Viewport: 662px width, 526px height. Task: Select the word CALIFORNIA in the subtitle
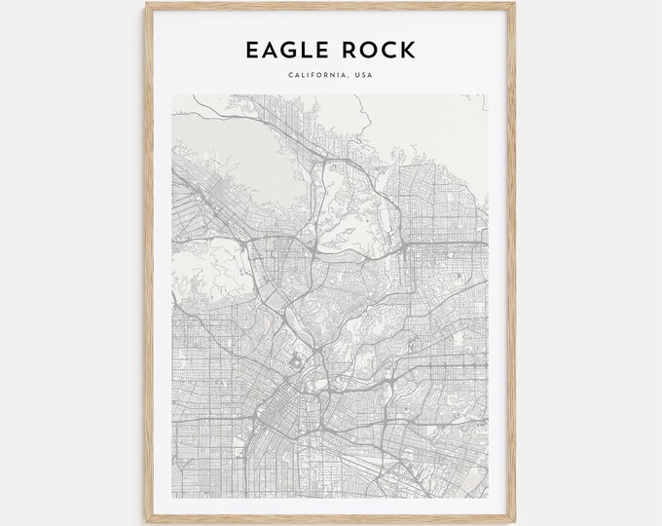(313, 75)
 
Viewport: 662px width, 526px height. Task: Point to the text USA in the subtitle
(362, 75)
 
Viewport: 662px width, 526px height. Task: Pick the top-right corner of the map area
(489, 94)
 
